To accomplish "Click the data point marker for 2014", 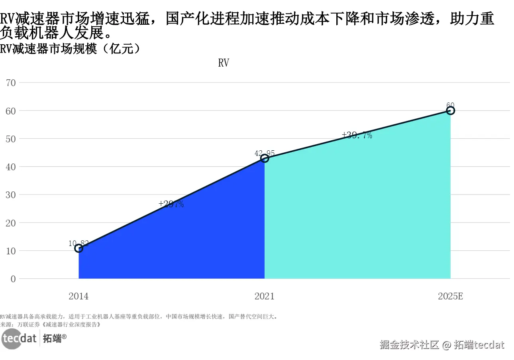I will tap(78, 248).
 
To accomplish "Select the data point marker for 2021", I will tap(265, 158).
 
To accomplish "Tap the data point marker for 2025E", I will tap(451, 110).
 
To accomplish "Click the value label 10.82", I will tap(78, 243).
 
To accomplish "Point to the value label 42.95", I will tap(265, 153).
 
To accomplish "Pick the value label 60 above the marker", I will tap(450, 105).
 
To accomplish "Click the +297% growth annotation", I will tap(171, 204).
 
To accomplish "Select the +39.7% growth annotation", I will tap(357, 135).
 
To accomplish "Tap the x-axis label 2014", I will tap(78, 296).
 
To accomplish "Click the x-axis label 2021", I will tap(265, 296).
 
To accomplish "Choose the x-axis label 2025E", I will tap(450, 296).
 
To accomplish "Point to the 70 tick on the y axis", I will tap(11, 83).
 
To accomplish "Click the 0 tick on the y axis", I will tap(13, 279).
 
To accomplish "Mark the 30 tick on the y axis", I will tap(11, 195).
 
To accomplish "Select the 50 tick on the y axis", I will tap(11, 139).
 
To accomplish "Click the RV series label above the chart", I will tap(224, 63).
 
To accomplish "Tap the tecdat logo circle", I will tap(11, 339).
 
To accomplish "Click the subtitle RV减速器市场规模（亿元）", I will tap(70, 49).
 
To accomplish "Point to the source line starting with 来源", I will tap(50, 325).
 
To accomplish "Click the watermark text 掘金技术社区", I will tap(409, 344).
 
